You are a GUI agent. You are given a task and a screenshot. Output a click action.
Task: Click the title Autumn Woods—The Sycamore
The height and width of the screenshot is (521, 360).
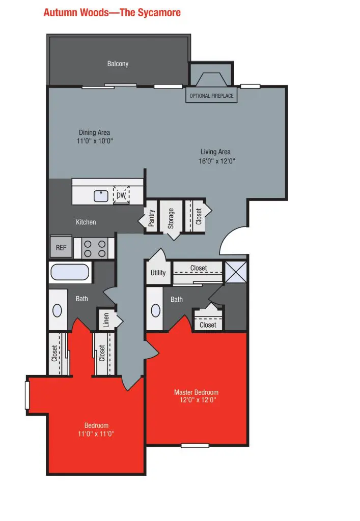click(x=112, y=12)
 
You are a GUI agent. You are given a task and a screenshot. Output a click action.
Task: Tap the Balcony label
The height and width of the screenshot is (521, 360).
click(x=118, y=64)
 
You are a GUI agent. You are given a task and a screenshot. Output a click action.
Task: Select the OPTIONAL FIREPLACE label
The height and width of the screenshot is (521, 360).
click(x=211, y=96)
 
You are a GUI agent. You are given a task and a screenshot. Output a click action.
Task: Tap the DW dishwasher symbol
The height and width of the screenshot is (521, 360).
click(x=121, y=195)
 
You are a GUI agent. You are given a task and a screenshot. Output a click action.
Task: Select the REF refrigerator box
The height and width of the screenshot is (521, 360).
click(x=61, y=248)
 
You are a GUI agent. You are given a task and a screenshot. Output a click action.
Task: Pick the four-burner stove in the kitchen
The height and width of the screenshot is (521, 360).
click(x=95, y=248)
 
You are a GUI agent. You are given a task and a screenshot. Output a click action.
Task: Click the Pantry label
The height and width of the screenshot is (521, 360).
click(x=151, y=217)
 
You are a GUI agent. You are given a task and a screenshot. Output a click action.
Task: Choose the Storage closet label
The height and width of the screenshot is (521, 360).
click(x=171, y=218)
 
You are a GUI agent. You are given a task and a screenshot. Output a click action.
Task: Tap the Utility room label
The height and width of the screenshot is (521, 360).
click(x=158, y=273)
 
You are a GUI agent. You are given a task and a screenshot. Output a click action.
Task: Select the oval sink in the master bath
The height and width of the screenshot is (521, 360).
click(x=155, y=310)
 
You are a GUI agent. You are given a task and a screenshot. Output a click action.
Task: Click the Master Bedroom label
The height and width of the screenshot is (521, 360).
click(x=196, y=392)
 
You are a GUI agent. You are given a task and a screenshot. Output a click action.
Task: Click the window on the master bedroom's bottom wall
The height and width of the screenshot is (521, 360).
click(x=195, y=445)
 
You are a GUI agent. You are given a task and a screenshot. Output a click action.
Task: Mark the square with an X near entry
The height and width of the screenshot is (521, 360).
click(x=236, y=272)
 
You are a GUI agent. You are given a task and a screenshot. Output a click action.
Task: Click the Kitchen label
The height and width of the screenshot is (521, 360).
click(x=86, y=222)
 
